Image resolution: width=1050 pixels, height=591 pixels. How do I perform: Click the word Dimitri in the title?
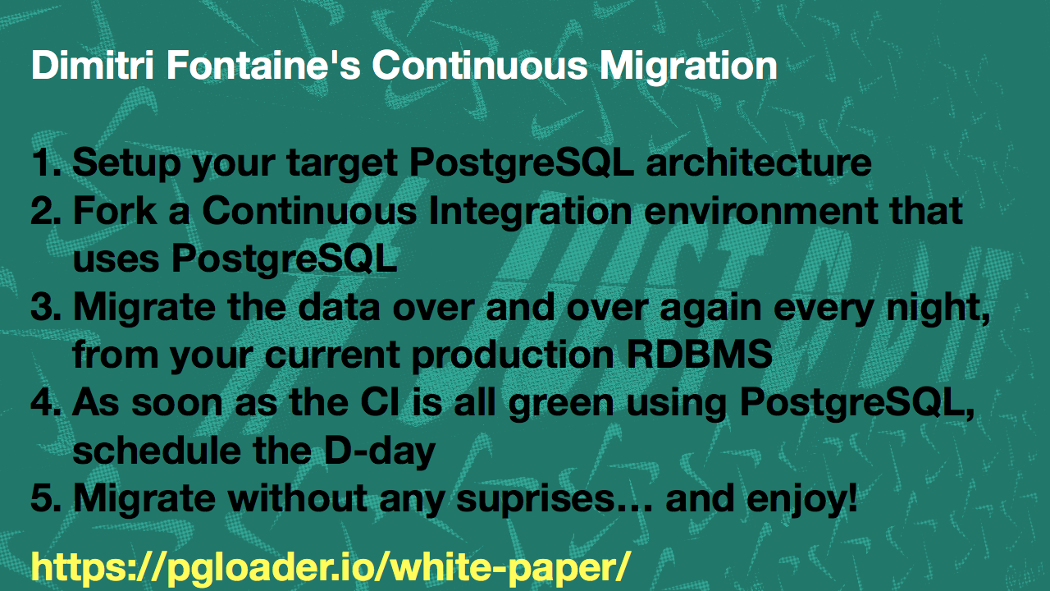pos(93,65)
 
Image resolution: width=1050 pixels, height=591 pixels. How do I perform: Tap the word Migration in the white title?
pos(688,66)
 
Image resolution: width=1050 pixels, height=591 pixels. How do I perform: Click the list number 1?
pos(45,163)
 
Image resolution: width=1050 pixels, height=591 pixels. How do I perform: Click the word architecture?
pos(759,163)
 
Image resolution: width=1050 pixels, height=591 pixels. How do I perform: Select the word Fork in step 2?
pos(115,211)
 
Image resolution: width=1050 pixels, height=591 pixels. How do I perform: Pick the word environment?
pos(760,211)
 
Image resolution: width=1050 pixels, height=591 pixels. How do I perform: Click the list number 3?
pos(45,307)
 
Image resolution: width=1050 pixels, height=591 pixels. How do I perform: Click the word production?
pos(513,355)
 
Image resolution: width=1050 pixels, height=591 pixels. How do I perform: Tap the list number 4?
pos(45,402)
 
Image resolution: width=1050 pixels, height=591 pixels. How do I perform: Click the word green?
pos(561,405)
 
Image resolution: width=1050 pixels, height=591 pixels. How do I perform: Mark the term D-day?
pos(380,452)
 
